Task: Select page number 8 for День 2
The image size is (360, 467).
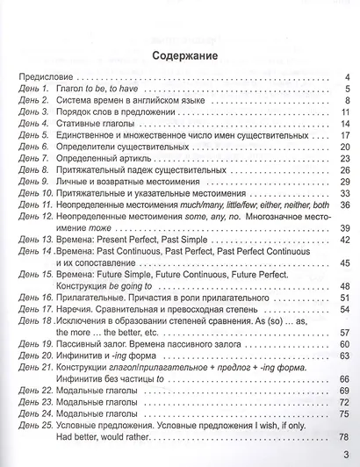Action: click(x=347, y=100)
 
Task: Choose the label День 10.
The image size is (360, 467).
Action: click(x=35, y=192)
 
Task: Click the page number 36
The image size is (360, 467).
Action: click(x=344, y=204)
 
